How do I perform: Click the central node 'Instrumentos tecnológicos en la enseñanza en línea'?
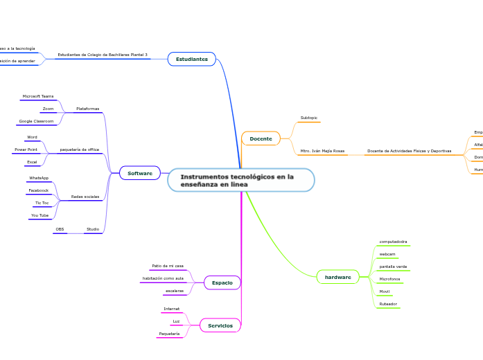pyautogui.click(x=240, y=180)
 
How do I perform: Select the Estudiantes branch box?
pyautogui.click(x=191, y=60)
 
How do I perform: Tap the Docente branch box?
pyautogui.click(x=261, y=139)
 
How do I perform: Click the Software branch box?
pyautogui.click(x=140, y=173)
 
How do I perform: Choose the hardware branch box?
pyautogui.click(x=337, y=277)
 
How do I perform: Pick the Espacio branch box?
pyautogui.click(x=222, y=282)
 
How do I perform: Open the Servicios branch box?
pyautogui.click(x=220, y=325)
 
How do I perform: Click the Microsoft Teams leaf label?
pyautogui.click(x=38, y=96)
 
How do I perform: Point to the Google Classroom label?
pyautogui.click(x=36, y=121)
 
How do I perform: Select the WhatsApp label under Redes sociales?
pyautogui.click(x=39, y=178)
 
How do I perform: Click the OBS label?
pyautogui.click(x=60, y=228)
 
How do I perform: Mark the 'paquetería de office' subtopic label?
pyautogui.click(x=80, y=150)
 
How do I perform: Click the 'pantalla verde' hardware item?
pyautogui.click(x=393, y=267)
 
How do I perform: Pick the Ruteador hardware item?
pyautogui.click(x=389, y=304)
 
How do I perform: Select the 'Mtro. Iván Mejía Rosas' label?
pyautogui.click(x=322, y=151)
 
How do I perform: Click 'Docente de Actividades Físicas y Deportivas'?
pyautogui.click(x=409, y=151)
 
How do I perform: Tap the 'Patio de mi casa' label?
pyautogui.click(x=168, y=266)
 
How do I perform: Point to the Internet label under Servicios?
pyautogui.click(x=171, y=309)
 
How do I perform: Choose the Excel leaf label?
pyautogui.click(x=32, y=162)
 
